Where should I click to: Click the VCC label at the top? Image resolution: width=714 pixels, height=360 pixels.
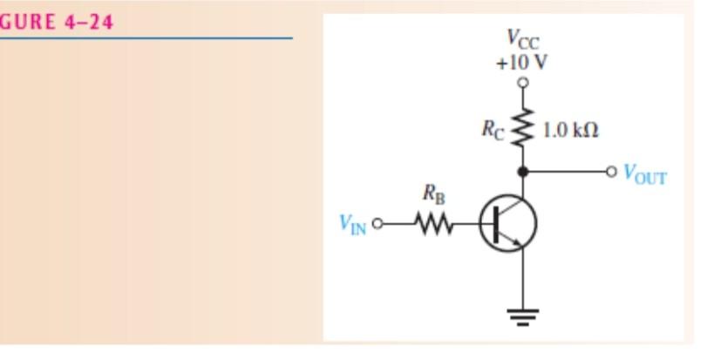click(522, 39)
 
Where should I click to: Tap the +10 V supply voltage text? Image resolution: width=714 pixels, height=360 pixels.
click(522, 62)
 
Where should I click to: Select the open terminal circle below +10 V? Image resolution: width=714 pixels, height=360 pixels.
click(522, 83)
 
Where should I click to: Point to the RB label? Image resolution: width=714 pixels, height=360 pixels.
click(433, 196)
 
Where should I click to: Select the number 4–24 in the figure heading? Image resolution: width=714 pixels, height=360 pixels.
click(87, 22)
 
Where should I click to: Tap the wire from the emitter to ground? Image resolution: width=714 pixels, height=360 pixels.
click(522, 279)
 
